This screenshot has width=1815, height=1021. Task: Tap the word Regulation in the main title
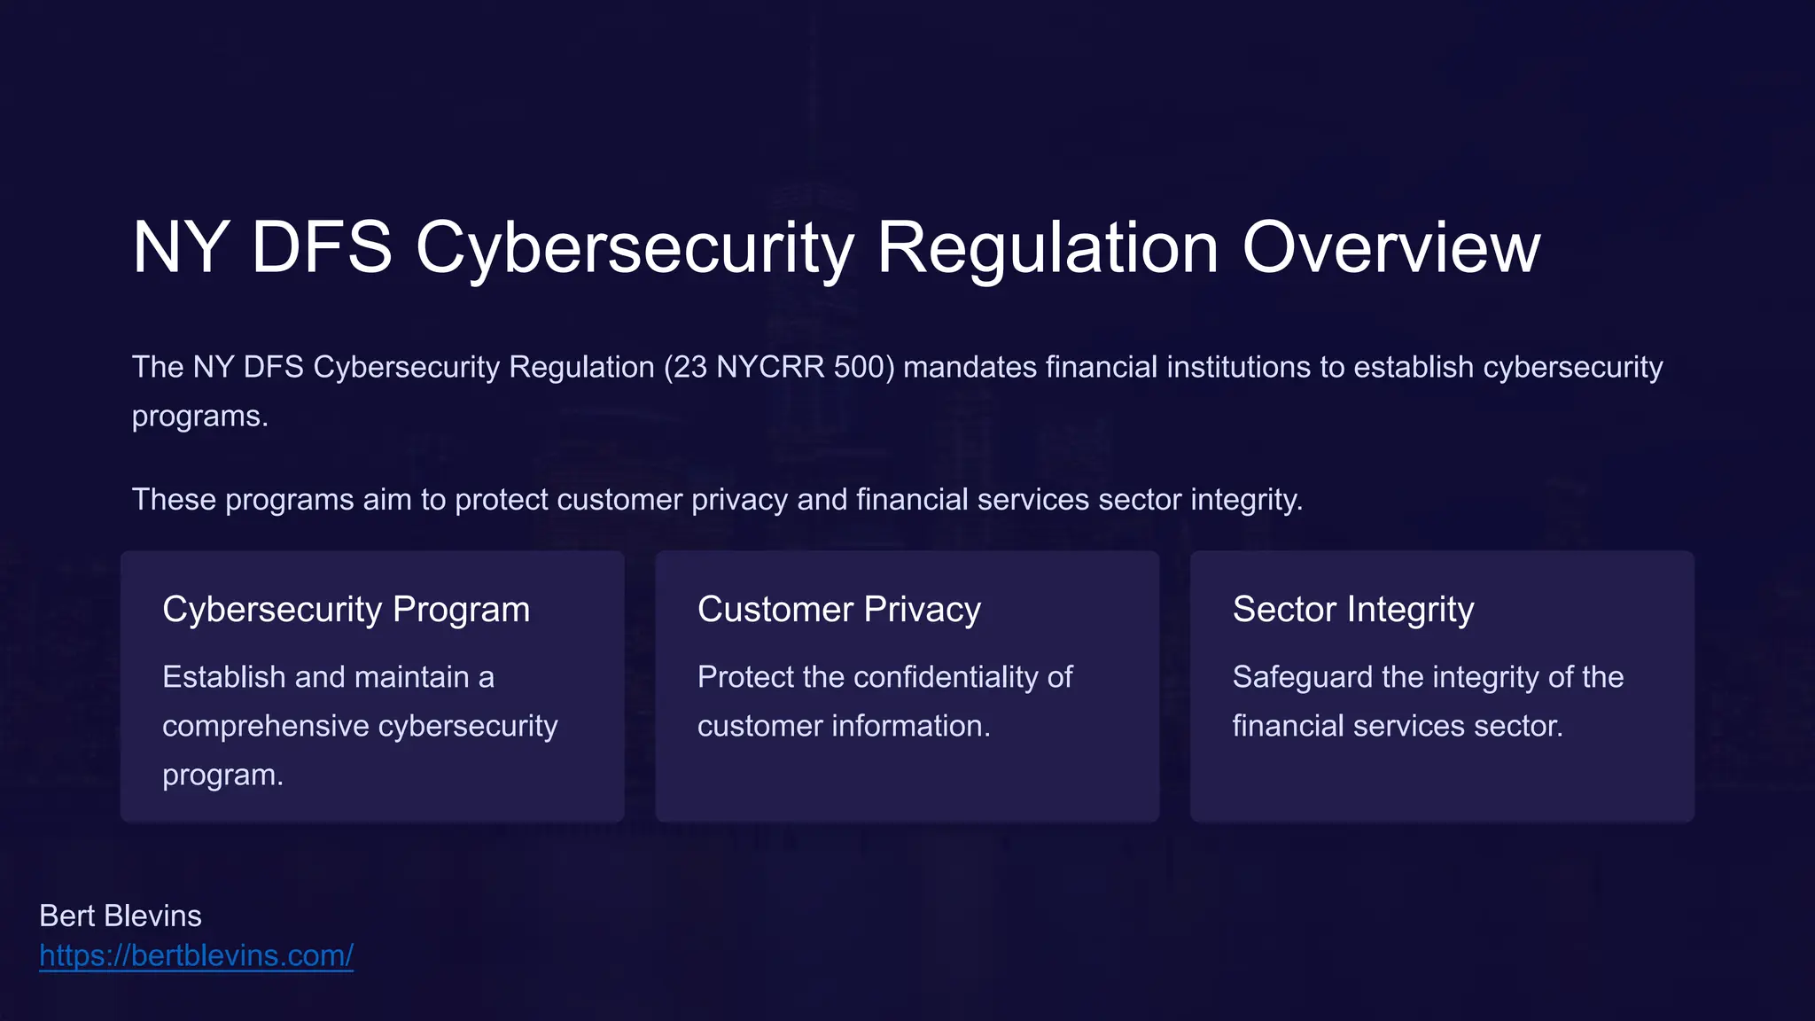tap(1048, 248)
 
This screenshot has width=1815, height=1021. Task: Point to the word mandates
tap(970, 367)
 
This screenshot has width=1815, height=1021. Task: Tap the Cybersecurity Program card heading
tap(346, 610)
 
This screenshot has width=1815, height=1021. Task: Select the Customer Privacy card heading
tap(838, 610)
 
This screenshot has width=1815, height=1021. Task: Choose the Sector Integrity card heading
tap(1352, 610)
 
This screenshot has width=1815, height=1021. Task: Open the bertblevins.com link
tap(196, 955)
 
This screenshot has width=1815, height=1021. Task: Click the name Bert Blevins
tap(121, 916)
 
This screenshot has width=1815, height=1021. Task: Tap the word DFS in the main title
tap(321, 248)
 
